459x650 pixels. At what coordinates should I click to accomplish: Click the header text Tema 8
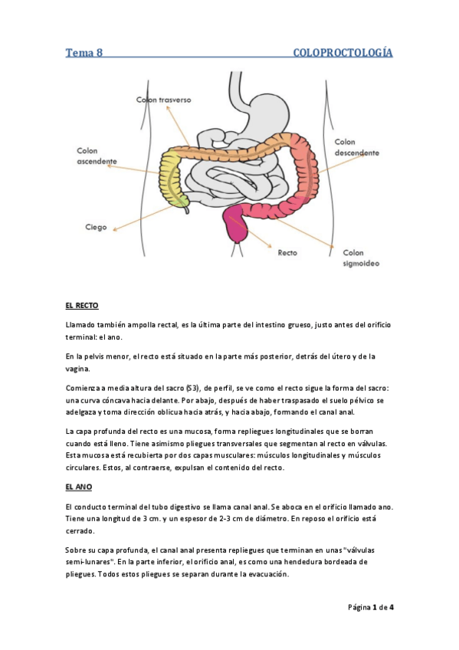pyautogui.click(x=84, y=53)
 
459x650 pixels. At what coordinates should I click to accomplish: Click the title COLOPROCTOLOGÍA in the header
pyautogui.click(x=343, y=53)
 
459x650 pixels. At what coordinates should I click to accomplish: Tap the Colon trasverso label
pyautogui.click(x=163, y=100)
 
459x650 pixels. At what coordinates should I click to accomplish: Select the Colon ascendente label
pyautogui.click(x=97, y=156)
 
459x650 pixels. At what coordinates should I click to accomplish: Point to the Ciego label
pyautogui.click(x=96, y=227)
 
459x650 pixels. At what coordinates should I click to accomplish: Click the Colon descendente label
pyautogui.click(x=356, y=147)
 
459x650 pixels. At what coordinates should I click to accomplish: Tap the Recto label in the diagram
pyautogui.click(x=287, y=251)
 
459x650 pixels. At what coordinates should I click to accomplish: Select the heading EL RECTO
pyautogui.click(x=82, y=305)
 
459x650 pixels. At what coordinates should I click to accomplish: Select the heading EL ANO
pyautogui.click(x=79, y=486)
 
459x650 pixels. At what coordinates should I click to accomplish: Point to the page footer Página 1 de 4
pyautogui.click(x=371, y=608)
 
